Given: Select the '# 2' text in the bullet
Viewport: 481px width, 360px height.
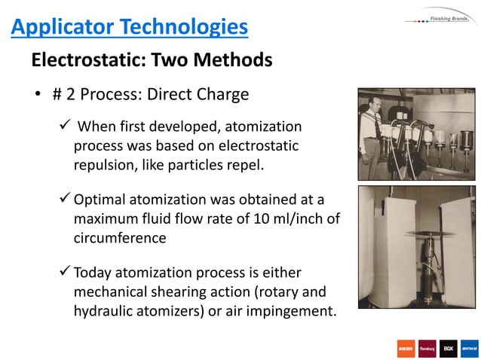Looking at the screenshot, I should pyautogui.click(x=63, y=95).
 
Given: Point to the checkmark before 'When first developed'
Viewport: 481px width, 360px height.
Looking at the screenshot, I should pyautogui.click(x=65, y=125).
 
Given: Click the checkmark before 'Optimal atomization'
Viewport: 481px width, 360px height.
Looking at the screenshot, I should pyautogui.click(x=65, y=199).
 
